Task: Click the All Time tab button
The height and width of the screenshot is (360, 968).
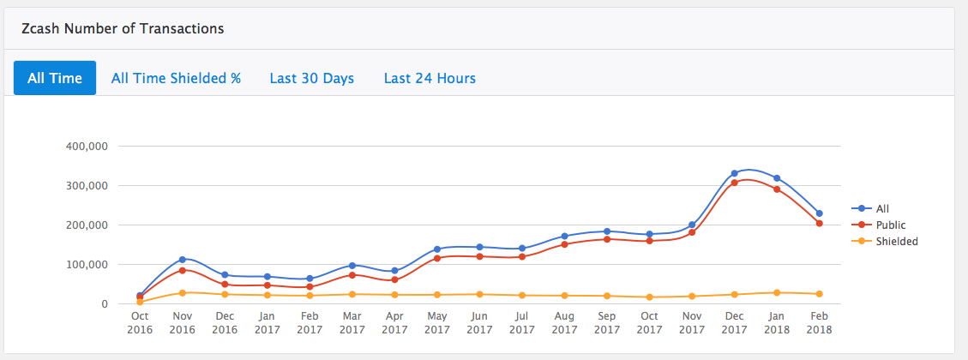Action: click(55, 78)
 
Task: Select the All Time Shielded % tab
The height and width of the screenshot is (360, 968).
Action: click(176, 78)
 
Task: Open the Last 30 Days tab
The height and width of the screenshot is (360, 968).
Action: click(312, 78)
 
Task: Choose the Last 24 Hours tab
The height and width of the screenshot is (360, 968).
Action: click(430, 78)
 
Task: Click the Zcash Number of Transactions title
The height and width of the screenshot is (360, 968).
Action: click(123, 28)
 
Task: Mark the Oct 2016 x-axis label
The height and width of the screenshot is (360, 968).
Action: click(140, 322)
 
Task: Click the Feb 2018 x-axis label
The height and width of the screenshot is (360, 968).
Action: click(819, 322)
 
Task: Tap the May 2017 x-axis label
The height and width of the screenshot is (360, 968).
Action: click(436, 322)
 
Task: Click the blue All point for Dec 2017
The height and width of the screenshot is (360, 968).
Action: click(734, 173)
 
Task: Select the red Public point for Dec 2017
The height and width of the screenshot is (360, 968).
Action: click(734, 183)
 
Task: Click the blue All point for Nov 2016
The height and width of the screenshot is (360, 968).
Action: click(182, 259)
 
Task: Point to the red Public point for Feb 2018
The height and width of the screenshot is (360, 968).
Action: click(819, 224)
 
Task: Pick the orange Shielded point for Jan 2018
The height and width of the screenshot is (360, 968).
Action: click(777, 292)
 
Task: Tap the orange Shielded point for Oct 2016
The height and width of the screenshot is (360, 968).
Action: click(140, 302)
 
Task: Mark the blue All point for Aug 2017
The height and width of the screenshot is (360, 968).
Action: click(564, 236)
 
